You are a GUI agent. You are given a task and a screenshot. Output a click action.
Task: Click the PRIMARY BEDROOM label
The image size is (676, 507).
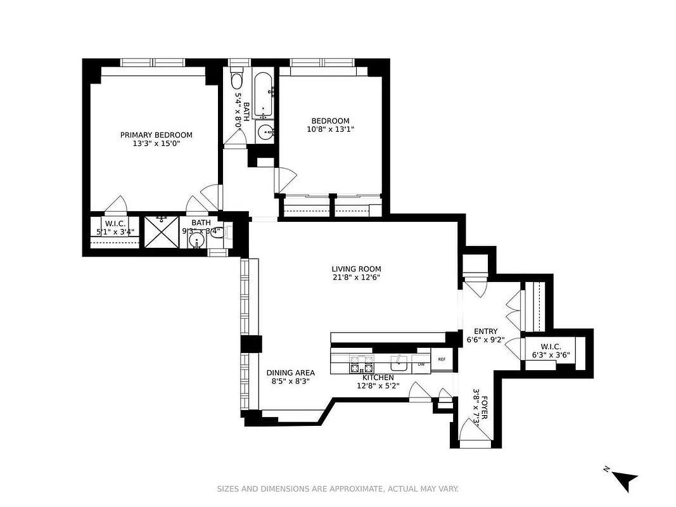(156, 134)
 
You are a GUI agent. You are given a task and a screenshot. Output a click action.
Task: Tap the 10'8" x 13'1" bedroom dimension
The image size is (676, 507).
(329, 129)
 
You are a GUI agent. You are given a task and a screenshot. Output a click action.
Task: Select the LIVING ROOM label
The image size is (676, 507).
(356, 269)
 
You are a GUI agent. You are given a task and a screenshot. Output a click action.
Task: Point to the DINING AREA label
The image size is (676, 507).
(290, 373)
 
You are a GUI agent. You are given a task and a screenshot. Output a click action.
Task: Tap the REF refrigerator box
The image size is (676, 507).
(442, 360)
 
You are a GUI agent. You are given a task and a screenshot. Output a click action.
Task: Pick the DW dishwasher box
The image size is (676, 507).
(421, 364)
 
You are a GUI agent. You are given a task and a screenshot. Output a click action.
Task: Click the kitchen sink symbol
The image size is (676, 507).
(399, 363)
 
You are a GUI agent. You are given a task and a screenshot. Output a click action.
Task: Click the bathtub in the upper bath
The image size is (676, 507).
(264, 96)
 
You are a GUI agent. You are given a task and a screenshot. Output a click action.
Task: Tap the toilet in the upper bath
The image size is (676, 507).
(237, 80)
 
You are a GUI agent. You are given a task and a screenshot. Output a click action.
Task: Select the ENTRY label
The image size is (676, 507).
(486, 331)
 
